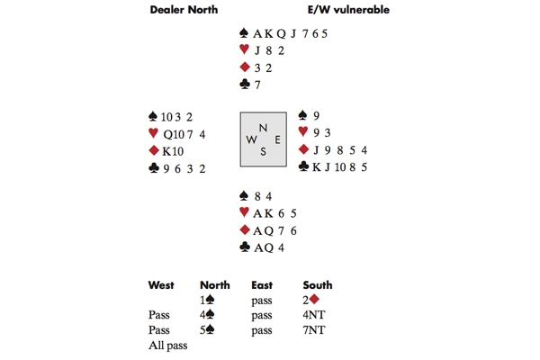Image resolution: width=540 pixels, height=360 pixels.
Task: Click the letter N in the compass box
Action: [x=263, y=128]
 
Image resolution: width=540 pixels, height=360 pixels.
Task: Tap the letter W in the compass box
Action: [x=251, y=139]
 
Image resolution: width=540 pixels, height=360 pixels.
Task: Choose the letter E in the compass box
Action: [x=276, y=139]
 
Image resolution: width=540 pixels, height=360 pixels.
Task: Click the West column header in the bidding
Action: [x=163, y=285]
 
